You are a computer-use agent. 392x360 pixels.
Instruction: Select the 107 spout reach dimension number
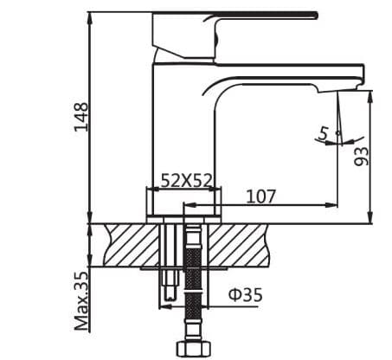(x=260, y=196)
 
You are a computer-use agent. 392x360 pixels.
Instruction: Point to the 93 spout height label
(x=362, y=155)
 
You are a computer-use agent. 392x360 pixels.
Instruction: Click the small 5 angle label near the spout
(x=324, y=132)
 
